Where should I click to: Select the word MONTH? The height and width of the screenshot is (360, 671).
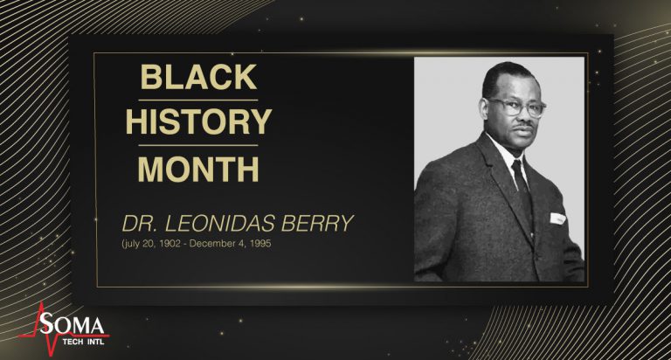point(199,168)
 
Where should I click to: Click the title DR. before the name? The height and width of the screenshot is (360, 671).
point(139,223)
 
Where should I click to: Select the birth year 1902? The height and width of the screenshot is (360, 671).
point(188,244)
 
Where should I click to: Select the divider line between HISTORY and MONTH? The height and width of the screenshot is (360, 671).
point(199,145)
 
